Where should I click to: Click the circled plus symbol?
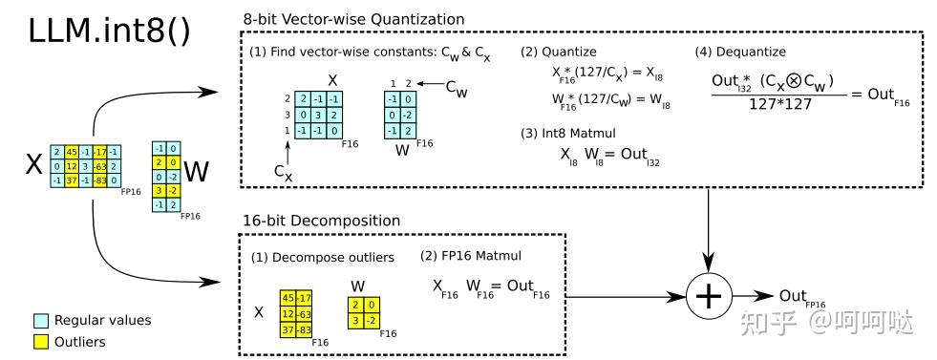click(x=708, y=297)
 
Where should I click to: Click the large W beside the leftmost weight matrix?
click(x=196, y=173)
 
